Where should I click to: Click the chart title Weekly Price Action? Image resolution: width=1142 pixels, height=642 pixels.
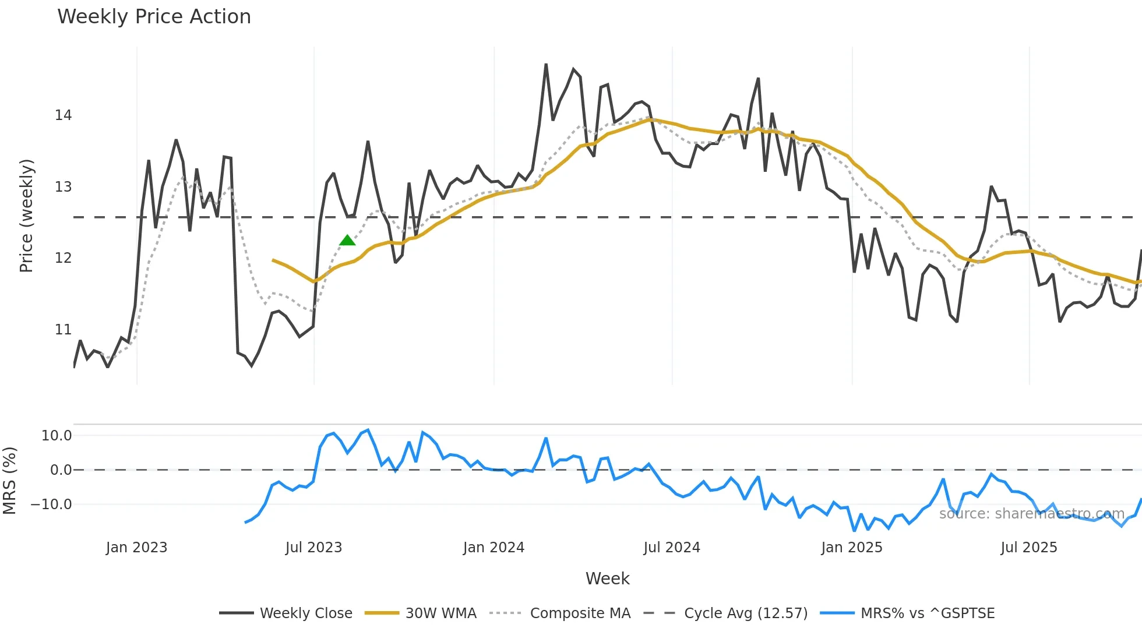[154, 17]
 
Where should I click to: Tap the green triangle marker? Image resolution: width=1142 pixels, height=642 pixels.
[347, 241]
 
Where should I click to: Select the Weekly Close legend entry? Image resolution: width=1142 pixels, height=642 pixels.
[286, 613]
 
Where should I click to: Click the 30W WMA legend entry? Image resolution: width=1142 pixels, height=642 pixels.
[421, 613]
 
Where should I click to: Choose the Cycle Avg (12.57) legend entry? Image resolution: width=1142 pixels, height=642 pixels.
[725, 613]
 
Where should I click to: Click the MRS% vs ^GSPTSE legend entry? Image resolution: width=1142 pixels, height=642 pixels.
[907, 613]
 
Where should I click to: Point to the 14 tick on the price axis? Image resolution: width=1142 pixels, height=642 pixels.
[63, 115]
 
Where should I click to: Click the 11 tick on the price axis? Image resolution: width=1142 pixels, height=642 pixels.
[63, 330]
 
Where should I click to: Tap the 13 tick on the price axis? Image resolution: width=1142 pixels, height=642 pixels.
[63, 187]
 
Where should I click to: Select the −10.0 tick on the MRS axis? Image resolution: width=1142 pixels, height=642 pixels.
[51, 505]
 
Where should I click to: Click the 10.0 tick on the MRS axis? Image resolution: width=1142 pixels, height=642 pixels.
[56, 436]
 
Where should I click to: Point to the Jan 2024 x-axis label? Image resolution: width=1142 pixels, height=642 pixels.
[494, 548]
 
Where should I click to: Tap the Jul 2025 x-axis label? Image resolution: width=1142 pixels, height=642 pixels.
[1028, 548]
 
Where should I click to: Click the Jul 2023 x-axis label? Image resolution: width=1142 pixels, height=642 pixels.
[313, 548]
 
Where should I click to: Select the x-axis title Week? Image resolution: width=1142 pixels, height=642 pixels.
[607, 578]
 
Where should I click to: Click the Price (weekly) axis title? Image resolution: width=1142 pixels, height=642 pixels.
[26, 216]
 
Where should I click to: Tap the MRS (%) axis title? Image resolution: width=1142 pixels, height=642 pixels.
[9, 481]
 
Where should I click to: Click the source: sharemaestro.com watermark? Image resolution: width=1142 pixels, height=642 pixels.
[1031, 514]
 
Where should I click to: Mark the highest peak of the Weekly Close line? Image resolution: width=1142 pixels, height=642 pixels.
[546, 65]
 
